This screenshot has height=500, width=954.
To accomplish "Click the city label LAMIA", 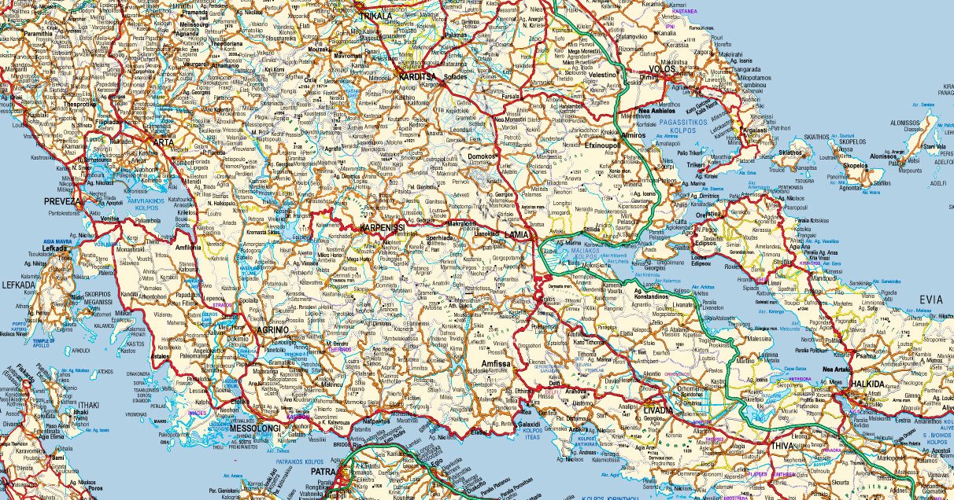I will point(517,234).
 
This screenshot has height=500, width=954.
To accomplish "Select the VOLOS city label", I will point(663,69).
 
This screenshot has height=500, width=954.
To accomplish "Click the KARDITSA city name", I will point(417,77).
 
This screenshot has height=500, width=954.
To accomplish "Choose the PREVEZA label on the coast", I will point(63,201).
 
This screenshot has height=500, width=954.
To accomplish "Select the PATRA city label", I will point(324,472).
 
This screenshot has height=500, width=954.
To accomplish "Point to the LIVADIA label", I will point(657,410).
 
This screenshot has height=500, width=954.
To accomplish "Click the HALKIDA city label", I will point(868,384).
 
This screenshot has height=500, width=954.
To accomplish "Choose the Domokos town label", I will point(483,156).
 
